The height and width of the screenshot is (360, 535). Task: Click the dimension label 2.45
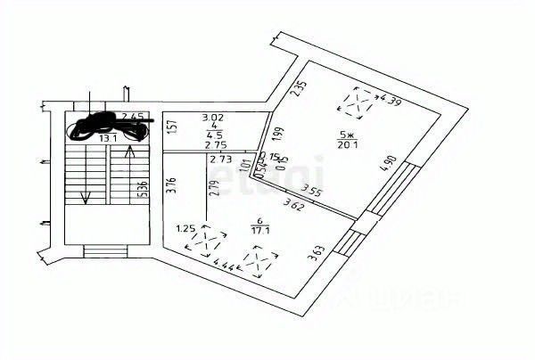[x=133, y=116]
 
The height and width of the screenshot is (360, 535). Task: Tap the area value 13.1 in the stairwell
[x=108, y=138]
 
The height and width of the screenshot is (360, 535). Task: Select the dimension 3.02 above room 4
[x=212, y=116]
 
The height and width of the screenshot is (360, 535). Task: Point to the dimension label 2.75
[x=215, y=145]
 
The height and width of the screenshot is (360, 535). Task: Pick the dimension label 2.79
[x=212, y=188]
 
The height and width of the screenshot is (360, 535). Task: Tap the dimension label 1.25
[x=186, y=228]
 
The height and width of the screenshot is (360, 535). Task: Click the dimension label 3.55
[x=312, y=189]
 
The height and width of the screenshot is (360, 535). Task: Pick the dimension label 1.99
[x=278, y=135]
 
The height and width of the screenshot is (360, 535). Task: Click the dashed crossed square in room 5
[x=358, y=103]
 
